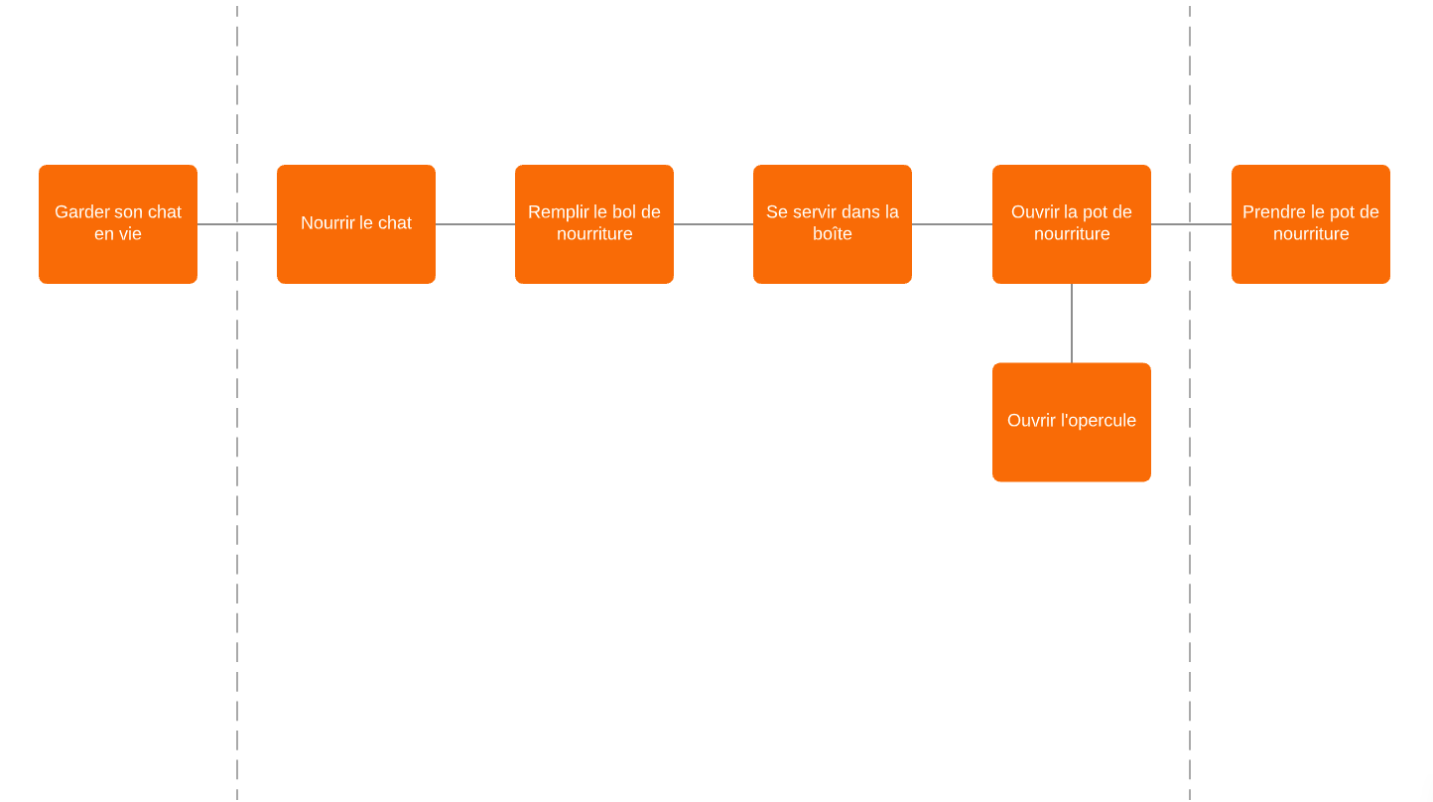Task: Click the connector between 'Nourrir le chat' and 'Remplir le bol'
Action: (x=474, y=224)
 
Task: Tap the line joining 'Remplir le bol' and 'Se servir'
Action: (x=713, y=224)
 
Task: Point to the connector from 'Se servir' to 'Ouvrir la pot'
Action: (x=952, y=224)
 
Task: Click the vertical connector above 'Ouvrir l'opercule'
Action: (x=1072, y=323)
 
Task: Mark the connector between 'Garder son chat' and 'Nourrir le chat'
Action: (x=218, y=224)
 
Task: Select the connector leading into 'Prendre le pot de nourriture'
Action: (x=1211, y=224)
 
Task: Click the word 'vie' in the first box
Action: (x=131, y=234)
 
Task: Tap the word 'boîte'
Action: (x=832, y=234)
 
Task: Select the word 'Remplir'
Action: (x=558, y=212)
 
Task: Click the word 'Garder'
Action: (x=81, y=212)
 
